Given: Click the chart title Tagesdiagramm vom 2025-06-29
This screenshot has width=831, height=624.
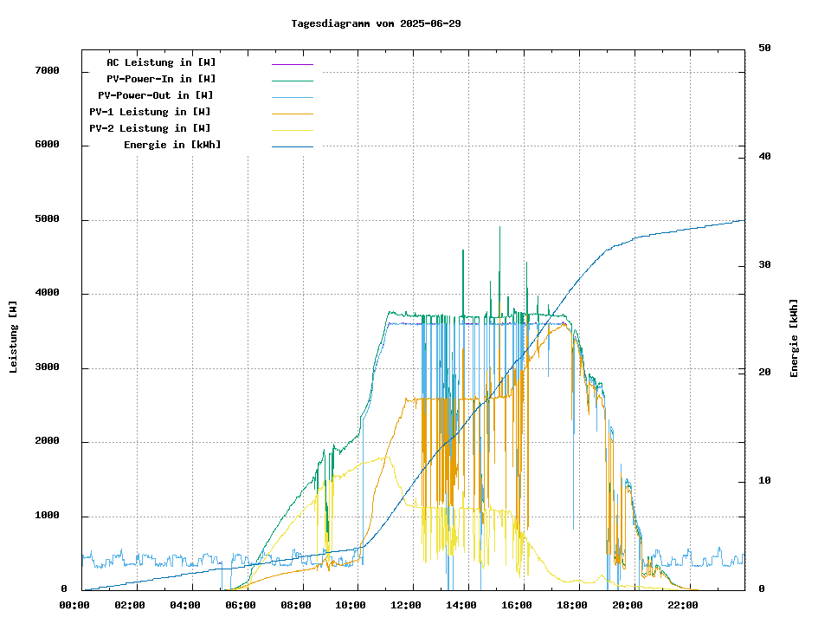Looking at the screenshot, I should pos(376,23).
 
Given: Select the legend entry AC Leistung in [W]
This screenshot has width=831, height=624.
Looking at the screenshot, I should pos(161,62).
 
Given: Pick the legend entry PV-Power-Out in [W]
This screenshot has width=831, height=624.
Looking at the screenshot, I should pos(155,95).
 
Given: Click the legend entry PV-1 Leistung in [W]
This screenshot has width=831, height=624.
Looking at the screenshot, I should pos(149,112).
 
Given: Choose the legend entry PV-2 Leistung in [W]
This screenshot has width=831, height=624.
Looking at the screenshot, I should pos(149,128).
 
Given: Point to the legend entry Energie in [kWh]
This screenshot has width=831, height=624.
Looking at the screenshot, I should pos(171,145).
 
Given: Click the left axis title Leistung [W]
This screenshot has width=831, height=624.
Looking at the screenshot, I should pos(14,337).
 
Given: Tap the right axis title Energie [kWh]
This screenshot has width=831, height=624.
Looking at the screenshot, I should pos(794,337).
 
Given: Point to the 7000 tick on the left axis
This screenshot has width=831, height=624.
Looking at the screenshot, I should pos(47,70).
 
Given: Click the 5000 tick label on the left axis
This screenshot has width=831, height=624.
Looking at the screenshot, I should pos(47,219).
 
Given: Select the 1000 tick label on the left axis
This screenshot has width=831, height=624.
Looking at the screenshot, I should pos(47,516).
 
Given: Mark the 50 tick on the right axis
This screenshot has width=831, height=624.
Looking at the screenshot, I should pos(764,49).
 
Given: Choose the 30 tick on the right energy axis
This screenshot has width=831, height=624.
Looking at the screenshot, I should pos(764,265).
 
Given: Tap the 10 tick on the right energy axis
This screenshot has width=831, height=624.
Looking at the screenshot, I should pos(764,481).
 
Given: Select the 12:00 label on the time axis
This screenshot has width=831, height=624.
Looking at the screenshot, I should pos(413,605).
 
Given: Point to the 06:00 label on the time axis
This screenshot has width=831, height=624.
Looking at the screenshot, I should pos(241,605).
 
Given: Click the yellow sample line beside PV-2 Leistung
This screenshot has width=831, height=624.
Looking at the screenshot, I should pos(292,130).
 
